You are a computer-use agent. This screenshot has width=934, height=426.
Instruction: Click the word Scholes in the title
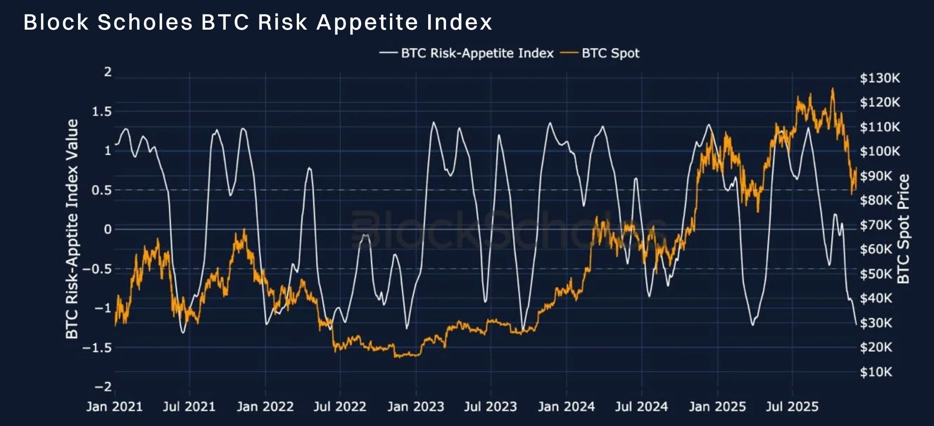pyautogui.click(x=145, y=22)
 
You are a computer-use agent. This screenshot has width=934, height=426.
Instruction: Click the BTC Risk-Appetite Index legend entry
pyautogui.click(x=476, y=53)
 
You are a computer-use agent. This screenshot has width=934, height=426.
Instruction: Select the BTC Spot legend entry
pyautogui.click(x=610, y=53)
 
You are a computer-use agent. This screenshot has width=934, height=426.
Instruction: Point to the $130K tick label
pyautogui.click(x=880, y=78)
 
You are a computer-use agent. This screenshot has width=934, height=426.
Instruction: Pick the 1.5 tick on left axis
pyautogui.click(x=102, y=112)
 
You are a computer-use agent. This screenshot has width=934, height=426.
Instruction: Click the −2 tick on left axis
pyautogui.click(x=103, y=387)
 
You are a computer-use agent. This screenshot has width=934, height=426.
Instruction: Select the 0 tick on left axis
pyautogui.click(x=108, y=229)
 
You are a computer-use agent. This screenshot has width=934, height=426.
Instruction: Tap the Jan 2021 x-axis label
pyautogui.click(x=114, y=406)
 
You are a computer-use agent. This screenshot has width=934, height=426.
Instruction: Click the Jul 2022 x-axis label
pyautogui.click(x=340, y=406)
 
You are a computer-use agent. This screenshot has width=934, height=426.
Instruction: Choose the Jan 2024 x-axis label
pyautogui.click(x=566, y=406)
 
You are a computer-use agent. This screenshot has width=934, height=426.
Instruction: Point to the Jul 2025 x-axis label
pyautogui.click(x=792, y=406)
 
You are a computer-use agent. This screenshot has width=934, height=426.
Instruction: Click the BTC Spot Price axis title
pyautogui.click(x=903, y=229)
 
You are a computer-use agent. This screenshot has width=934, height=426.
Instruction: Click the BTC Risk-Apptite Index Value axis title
pyautogui.click(x=72, y=229)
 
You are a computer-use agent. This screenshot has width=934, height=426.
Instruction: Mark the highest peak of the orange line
pyautogui.click(x=833, y=89)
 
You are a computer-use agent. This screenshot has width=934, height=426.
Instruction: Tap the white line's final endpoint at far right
pyautogui.click(x=856, y=324)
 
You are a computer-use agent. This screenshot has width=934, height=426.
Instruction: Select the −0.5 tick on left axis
pyautogui.click(x=97, y=269)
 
